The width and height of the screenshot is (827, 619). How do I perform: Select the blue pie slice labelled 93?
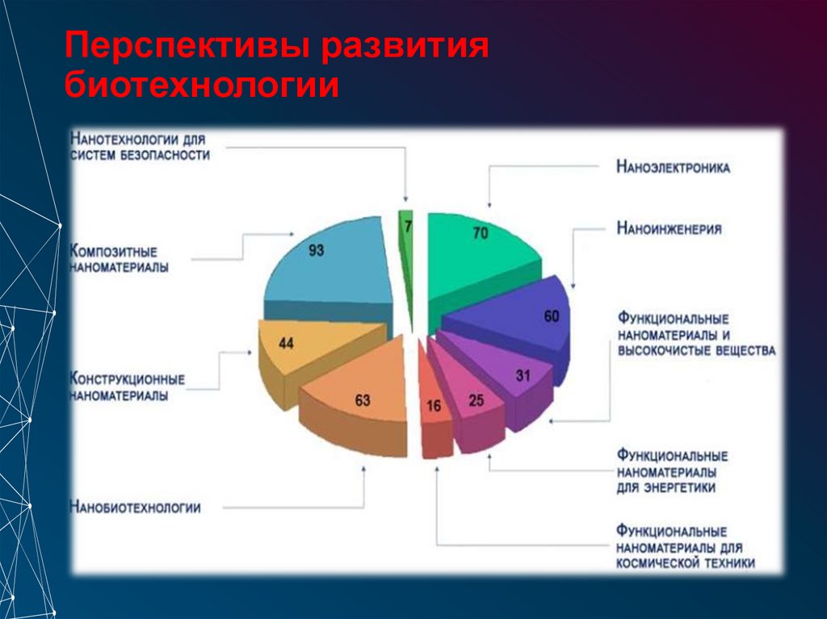pos(323,258)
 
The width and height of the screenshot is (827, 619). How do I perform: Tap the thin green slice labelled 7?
pos(407,242)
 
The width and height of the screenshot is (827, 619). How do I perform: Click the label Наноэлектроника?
pos(673,168)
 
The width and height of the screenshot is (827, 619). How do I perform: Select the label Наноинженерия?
pos(669,228)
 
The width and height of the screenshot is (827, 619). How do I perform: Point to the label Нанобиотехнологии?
pos(136,508)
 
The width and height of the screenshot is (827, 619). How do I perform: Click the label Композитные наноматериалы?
pos(120,259)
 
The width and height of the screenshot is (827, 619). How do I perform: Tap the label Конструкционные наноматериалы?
pos(128,387)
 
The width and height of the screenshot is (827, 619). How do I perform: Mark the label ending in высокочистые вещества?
pos(696,334)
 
